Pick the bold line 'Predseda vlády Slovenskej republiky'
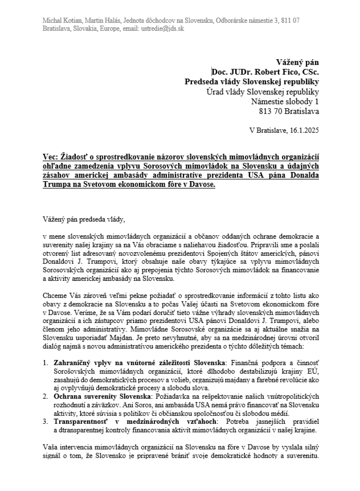252,82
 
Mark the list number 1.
45,363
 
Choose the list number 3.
45,421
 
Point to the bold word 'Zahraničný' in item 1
70,363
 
